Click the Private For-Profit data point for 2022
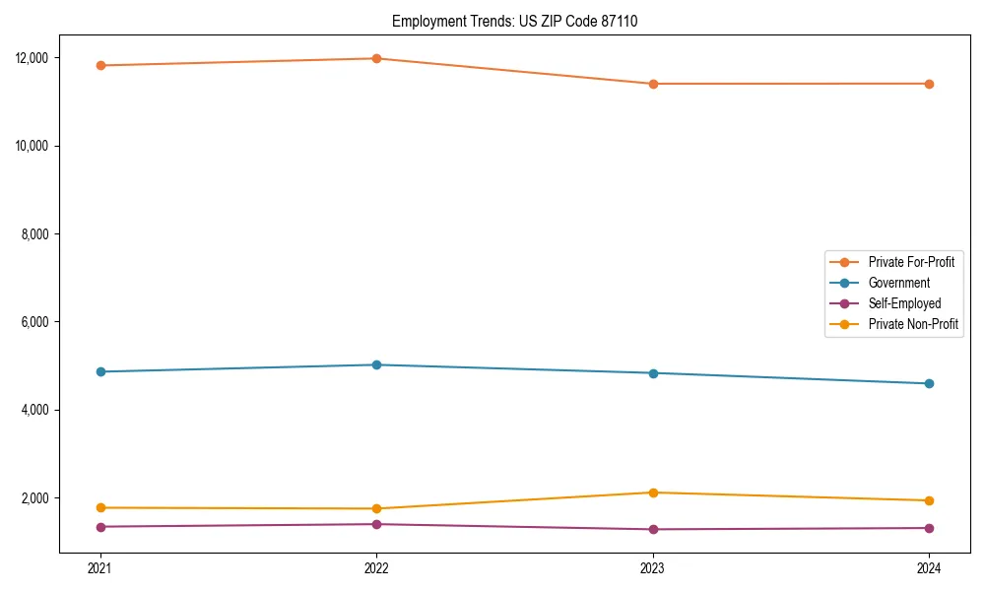(376, 58)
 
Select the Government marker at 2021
(100, 371)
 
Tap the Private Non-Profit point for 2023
(653, 492)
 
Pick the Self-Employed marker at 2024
(929, 528)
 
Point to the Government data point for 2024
(929, 383)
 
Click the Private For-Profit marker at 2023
(653, 84)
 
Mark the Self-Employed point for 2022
(376, 524)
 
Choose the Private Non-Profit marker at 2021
(100, 507)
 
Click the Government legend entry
(898, 283)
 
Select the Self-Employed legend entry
(904, 303)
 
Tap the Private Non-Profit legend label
(913, 324)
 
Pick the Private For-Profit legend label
(911, 262)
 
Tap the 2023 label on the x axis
(653, 567)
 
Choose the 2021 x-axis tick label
(100, 567)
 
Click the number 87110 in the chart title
(619, 21)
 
